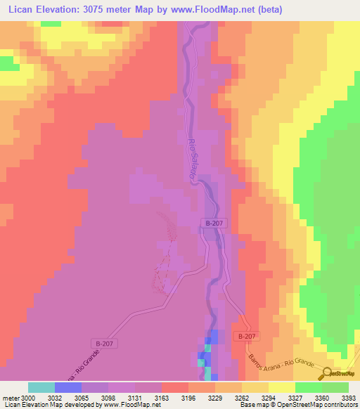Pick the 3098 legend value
tap(108, 398)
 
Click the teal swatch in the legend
tap(41, 387)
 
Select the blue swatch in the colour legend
tap(68, 387)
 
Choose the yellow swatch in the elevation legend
tap(281, 387)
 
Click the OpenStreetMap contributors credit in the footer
tap(316, 405)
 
